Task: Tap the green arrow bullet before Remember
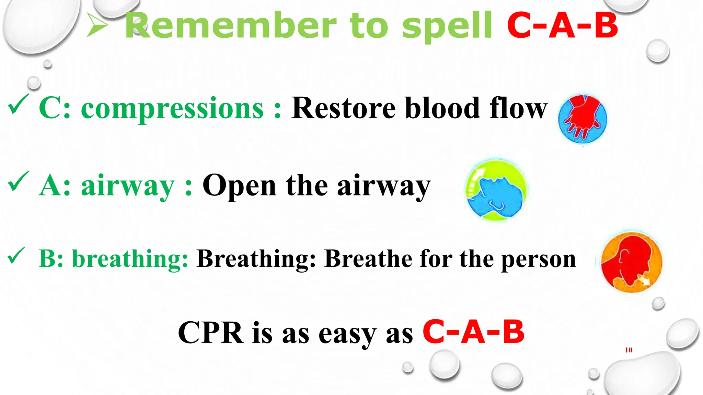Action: [97, 25]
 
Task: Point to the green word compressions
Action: [172, 109]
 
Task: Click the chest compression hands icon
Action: [583, 118]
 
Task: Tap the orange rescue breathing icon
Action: [631, 263]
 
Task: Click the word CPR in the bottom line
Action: [210, 333]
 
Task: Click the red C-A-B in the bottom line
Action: [473, 332]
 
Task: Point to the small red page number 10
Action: [629, 350]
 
